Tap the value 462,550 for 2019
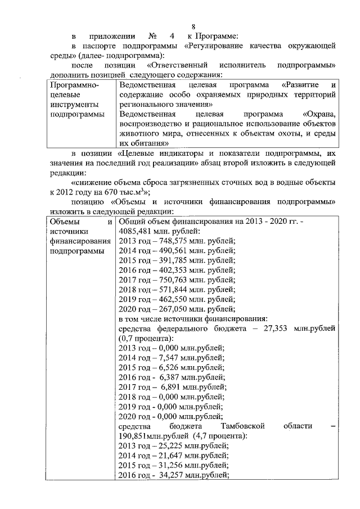click(169, 300)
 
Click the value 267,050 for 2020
click(169, 310)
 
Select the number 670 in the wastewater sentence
click(110, 192)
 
